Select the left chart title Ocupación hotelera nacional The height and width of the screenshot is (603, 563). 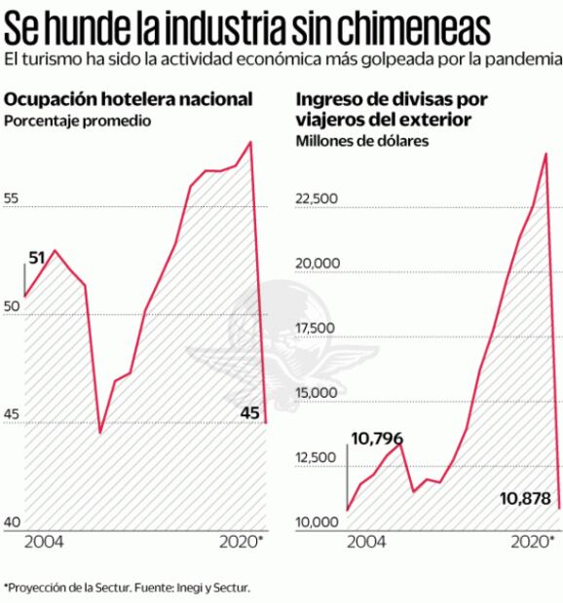[130, 99]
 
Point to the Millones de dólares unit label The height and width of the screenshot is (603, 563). [363, 141]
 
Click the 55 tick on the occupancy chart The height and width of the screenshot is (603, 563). [13, 198]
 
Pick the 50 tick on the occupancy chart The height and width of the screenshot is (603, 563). [13, 307]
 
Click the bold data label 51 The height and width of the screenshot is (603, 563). [37, 258]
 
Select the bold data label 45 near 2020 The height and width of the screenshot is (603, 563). [249, 414]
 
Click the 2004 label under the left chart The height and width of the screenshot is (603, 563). [43, 541]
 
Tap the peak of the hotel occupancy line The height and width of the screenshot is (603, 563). [251, 142]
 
